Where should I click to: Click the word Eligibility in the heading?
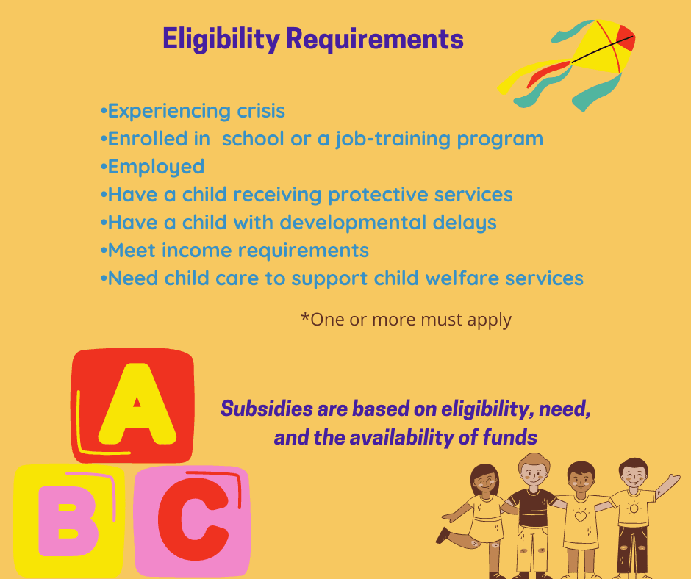point(221,38)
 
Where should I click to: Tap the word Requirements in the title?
point(374,38)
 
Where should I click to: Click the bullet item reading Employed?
point(156,167)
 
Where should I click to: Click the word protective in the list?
point(384,195)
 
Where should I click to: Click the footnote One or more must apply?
point(406,320)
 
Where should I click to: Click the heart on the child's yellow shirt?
point(580,516)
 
